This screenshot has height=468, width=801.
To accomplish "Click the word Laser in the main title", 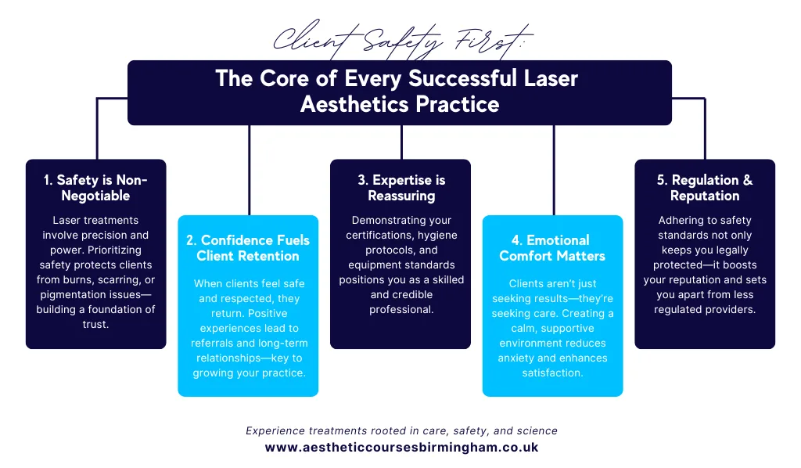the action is tap(551, 79).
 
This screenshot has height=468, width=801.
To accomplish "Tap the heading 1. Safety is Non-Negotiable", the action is tap(95, 188).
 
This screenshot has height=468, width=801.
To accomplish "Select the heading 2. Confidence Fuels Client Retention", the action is tap(248, 248).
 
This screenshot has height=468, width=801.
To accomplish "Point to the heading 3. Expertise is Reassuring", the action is tap(401, 188).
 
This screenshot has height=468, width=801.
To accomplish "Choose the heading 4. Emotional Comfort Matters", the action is tap(552, 248).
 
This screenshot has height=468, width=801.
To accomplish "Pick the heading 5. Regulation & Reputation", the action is tap(705, 188).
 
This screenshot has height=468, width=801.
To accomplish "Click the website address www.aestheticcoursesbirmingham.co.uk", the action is tap(401, 448).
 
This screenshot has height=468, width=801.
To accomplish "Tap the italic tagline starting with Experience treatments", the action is tap(401, 430).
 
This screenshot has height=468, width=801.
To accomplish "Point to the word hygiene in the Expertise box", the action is tap(437, 235).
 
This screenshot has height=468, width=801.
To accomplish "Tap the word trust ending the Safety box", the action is tap(95, 324).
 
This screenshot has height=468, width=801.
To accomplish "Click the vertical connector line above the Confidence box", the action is tap(250, 170).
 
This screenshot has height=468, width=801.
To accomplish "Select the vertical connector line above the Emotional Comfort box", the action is tap(554, 170).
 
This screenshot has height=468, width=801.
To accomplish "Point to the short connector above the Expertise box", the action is tap(401, 142).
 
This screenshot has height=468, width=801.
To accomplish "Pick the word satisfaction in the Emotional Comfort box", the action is tap(552, 373).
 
